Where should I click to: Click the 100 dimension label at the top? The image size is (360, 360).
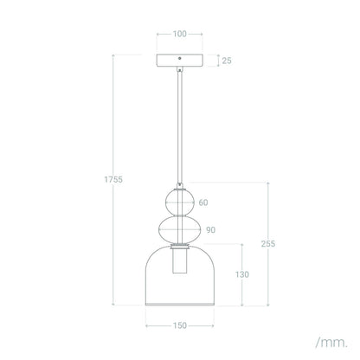coord(180,34)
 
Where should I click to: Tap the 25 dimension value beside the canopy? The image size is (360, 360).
coord(227,61)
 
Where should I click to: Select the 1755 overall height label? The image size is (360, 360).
coord(113,179)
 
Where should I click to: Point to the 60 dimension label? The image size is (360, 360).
coord(203,202)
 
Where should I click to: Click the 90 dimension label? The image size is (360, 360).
coord(210,230)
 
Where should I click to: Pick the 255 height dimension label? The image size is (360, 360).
coord(268,244)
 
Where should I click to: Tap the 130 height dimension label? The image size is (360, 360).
coord(242,274)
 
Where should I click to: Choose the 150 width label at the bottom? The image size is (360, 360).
coord(180,325)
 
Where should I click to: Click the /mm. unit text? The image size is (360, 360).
coord(331,343)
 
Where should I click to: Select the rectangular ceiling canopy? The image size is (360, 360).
coord(180,61)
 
